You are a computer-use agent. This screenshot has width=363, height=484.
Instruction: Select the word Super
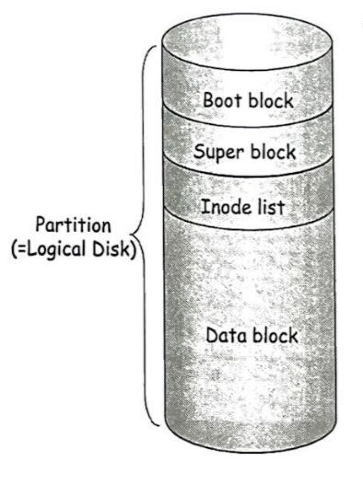[218, 152]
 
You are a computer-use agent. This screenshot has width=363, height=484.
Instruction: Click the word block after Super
[273, 151]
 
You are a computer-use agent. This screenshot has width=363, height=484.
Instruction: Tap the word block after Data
[275, 335]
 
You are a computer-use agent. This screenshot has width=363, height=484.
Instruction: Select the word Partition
[73, 225]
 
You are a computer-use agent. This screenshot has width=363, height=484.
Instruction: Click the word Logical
[56, 249]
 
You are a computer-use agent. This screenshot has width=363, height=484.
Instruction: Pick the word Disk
[111, 248]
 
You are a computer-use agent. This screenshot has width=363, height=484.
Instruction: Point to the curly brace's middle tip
[132, 234]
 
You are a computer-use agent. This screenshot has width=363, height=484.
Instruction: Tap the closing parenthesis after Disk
[133, 249]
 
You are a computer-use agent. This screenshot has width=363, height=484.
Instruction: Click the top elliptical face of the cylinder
[247, 41]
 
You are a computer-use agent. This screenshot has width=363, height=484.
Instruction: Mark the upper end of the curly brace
[157, 46]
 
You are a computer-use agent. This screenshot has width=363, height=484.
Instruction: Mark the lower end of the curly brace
[159, 425]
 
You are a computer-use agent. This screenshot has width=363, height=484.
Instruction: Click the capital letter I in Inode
[205, 206]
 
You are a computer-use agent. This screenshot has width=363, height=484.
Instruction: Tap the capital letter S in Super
[200, 151]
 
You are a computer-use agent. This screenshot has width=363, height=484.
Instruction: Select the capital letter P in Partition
[41, 225]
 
